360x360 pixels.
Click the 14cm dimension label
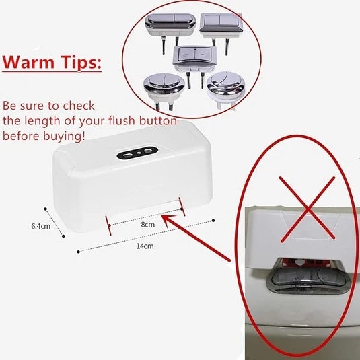tap(145, 247)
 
